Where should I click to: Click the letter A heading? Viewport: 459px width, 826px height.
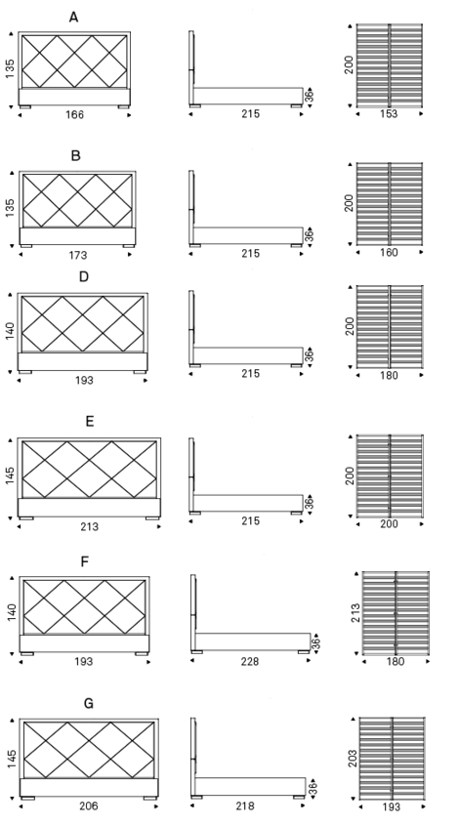click(x=74, y=18)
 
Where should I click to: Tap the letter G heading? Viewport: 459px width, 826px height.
click(x=89, y=703)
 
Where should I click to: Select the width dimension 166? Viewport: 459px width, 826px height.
click(x=74, y=115)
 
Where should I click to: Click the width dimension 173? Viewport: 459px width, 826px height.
click(x=77, y=256)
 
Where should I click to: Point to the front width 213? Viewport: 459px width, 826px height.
click(x=89, y=526)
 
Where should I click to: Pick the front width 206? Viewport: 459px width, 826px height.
click(x=89, y=805)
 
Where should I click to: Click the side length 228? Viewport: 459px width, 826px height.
click(x=250, y=661)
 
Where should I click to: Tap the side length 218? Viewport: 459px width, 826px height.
click(x=245, y=805)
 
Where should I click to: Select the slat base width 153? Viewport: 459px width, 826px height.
click(x=389, y=114)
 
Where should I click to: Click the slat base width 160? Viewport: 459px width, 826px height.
click(x=389, y=252)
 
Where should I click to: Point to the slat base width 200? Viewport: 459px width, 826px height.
click(x=390, y=524)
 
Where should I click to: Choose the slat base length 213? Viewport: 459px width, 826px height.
click(x=355, y=613)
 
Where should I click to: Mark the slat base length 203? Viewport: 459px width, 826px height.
click(x=354, y=759)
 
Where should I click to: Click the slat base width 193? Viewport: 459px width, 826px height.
click(x=391, y=806)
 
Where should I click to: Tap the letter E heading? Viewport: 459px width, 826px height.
click(x=90, y=422)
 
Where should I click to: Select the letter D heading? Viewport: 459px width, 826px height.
click(x=84, y=276)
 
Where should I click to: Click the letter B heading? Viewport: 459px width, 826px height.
click(x=75, y=156)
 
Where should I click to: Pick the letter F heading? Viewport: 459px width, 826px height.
click(x=85, y=562)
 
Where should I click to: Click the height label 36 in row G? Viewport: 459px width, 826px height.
click(x=313, y=789)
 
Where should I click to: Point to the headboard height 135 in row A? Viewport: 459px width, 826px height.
click(x=11, y=68)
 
